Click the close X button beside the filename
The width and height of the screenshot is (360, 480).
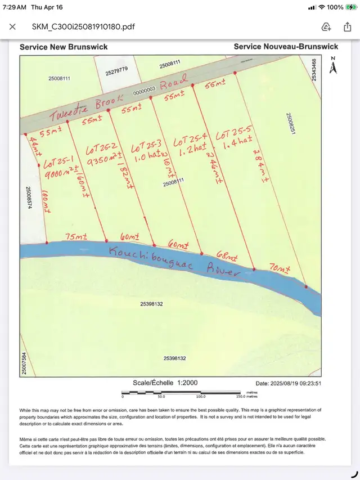click(x=12, y=26)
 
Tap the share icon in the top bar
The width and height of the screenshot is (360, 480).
click(x=347, y=26)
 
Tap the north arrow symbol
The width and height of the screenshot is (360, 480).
click(x=333, y=67)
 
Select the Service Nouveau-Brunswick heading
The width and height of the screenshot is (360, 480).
click(x=286, y=46)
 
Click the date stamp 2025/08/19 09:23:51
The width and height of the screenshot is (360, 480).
click(x=288, y=383)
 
